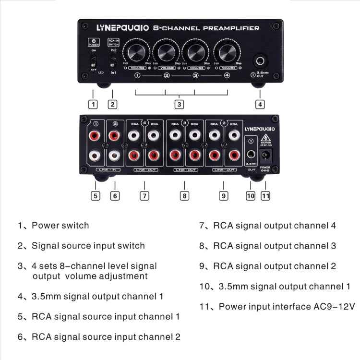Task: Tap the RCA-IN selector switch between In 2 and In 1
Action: [x=113, y=62]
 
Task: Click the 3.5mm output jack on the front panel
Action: [x=260, y=61]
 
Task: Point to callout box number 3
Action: [x=179, y=104]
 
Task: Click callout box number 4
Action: [x=260, y=104]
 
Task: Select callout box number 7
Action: [x=144, y=196]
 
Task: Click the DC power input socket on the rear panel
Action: [x=265, y=155]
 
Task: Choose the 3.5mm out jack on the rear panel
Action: [x=250, y=155]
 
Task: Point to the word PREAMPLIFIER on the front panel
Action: [x=231, y=28]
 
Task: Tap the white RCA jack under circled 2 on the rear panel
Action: [x=114, y=155]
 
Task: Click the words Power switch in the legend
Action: [x=60, y=225]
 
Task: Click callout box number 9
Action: [x=223, y=196]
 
